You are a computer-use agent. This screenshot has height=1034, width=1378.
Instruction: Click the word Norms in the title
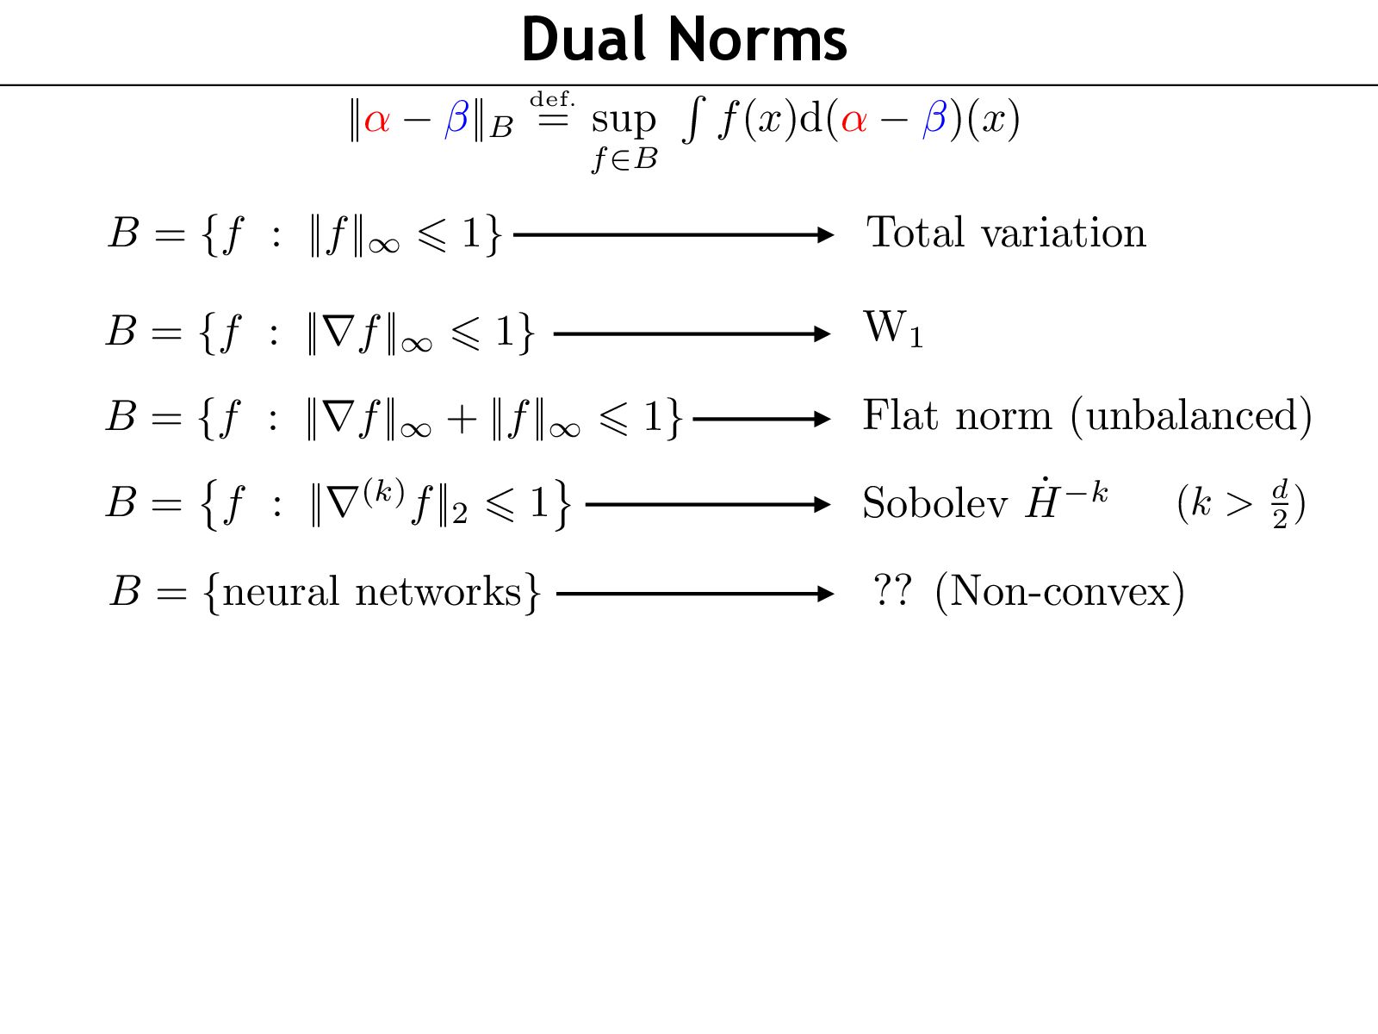pos(757,40)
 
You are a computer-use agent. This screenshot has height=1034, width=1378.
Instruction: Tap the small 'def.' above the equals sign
pos(552,100)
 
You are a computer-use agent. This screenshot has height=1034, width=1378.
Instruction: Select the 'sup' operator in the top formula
pos(624,121)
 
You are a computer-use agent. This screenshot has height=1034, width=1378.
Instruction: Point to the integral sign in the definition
pos(692,119)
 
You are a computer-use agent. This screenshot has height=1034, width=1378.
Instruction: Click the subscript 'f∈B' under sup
pos(624,159)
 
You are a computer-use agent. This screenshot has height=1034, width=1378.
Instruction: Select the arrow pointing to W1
pos(692,333)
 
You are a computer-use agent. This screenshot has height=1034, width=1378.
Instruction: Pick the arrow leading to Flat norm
pos(761,420)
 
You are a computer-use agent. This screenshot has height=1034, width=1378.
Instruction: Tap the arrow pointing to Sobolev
pos(707,504)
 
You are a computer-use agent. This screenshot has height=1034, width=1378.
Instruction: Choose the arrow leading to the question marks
pos(695,594)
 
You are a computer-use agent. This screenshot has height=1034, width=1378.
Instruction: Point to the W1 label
pos(893,329)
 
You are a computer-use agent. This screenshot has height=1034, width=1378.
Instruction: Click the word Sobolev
pos(934,503)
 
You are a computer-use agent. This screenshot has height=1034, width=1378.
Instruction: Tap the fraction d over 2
pos(1281,504)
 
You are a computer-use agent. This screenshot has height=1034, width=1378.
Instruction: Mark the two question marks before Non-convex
pos(891,592)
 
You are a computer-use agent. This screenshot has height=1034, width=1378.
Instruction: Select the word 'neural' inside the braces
pos(281,593)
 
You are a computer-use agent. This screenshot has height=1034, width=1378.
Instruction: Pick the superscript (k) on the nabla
pos(383,491)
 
